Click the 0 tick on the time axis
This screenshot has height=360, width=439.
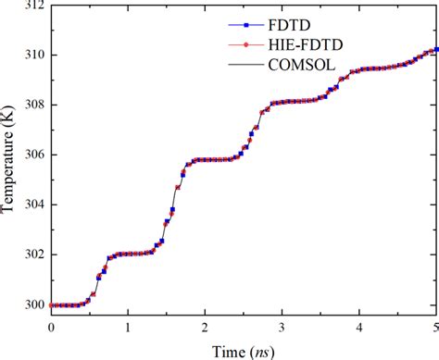(51, 327)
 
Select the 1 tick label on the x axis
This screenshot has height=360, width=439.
(128, 327)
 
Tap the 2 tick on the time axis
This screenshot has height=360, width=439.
(206, 327)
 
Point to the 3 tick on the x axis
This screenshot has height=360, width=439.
(282, 327)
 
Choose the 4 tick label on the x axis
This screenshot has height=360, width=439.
(359, 327)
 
